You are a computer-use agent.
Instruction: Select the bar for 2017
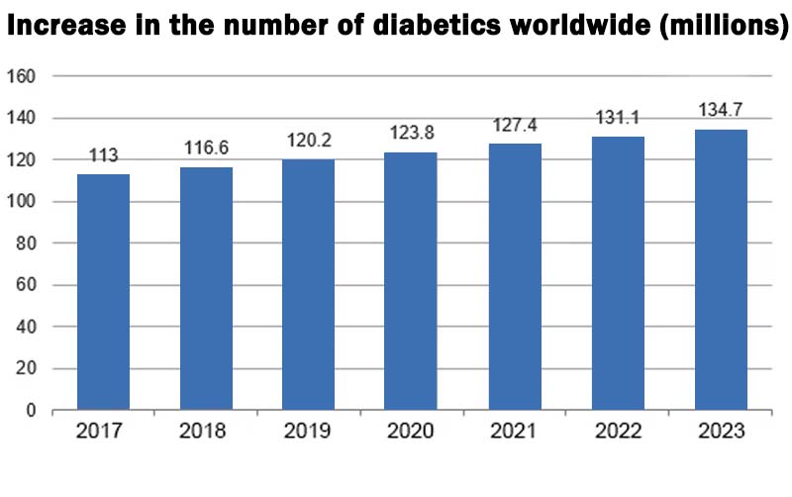point(103,292)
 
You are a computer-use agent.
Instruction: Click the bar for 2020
point(411,281)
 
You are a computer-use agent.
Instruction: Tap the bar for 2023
point(721,269)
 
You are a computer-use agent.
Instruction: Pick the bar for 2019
point(308,285)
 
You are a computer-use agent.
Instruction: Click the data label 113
point(103,155)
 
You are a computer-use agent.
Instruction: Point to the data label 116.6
point(206,148)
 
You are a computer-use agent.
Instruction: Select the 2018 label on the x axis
point(206,432)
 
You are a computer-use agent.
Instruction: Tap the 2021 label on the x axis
point(515,432)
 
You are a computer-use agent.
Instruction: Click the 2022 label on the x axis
point(618,432)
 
